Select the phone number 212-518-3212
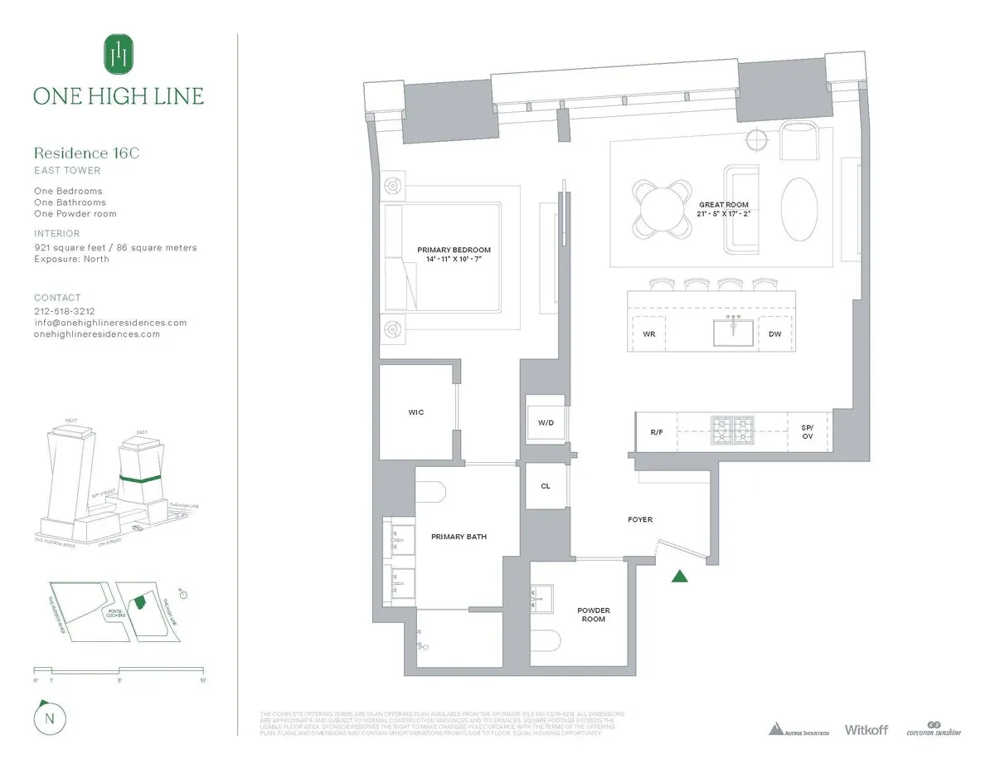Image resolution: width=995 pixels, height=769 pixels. [71, 311]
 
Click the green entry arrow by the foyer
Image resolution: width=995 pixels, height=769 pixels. [680, 577]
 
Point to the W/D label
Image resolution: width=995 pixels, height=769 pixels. [546, 422]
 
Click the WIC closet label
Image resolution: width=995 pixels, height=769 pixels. [416, 412]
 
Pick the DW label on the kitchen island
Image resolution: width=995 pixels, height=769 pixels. [774, 334]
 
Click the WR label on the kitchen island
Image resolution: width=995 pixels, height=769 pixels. [649, 334]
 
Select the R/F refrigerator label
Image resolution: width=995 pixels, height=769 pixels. [656, 431]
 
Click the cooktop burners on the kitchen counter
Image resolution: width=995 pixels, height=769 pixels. [731, 427]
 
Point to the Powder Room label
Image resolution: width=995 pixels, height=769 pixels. [592, 615]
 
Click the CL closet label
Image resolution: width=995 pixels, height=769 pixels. [546, 486]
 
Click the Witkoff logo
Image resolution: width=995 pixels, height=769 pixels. [866, 730]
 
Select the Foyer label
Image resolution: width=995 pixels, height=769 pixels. [640, 519]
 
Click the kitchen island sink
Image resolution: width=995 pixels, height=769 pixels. [733, 333]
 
